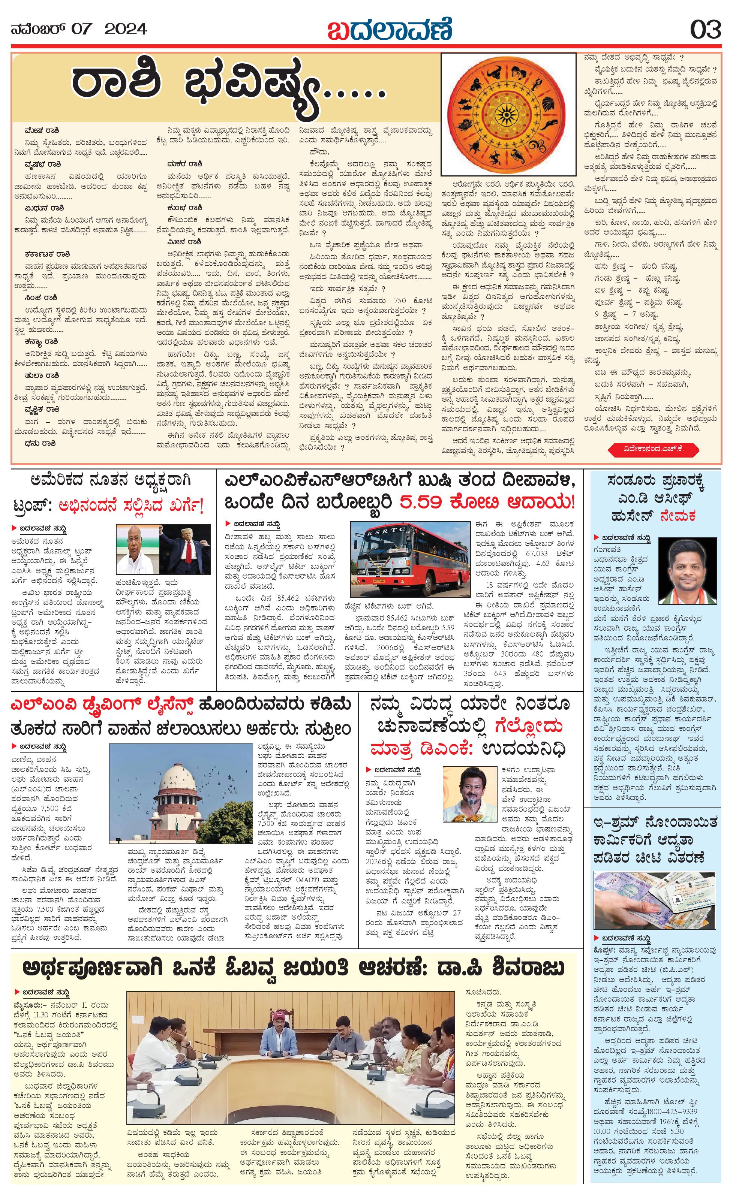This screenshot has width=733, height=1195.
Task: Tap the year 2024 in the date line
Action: (x=126, y=29)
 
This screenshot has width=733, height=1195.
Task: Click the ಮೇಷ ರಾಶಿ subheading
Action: (x=43, y=131)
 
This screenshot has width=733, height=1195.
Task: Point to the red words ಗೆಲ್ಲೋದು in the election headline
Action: (x=528, y=726)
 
